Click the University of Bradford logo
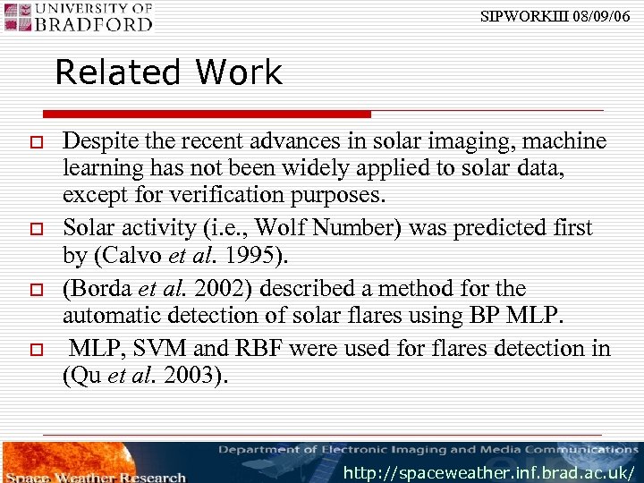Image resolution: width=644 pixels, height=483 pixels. pos(78,17)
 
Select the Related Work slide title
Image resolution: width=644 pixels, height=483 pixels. pos(168,72)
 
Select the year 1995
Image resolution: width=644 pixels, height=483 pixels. pos(260,258)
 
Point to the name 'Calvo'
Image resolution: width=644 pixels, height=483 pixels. pos(123,258)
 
